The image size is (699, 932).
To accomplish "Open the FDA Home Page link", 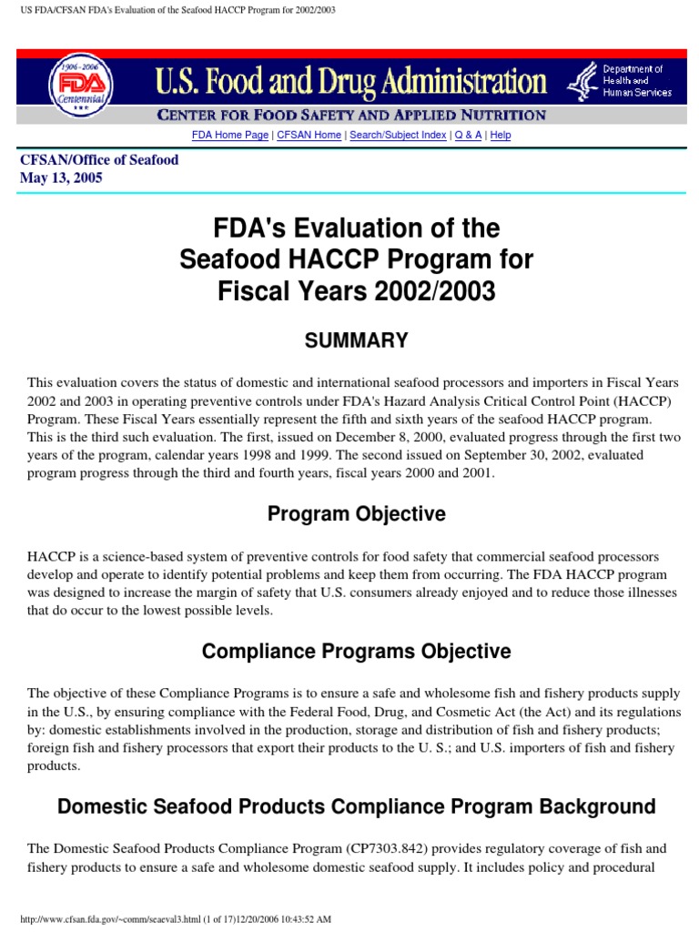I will [x=230, y=135].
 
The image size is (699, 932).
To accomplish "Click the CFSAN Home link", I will [x=309, y=135].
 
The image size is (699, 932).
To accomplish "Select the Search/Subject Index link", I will [x=398, y=135].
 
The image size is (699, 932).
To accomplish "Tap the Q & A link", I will [x=468, y=135].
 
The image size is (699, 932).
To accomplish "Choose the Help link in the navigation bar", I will [x=501, y=135].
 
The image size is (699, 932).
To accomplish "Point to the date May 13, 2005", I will [x=61, y=178].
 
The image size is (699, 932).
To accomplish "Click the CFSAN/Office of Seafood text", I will [x=99, y=160].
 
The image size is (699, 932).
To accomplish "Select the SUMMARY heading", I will [x=356, y=340].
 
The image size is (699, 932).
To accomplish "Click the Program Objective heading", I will [x=356, y=513].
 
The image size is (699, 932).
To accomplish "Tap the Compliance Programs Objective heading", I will [x=356, y=652].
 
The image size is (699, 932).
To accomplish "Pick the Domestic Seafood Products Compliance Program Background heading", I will [x=356, y=806].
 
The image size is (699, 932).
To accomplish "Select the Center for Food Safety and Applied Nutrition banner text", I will [x=352, y=116].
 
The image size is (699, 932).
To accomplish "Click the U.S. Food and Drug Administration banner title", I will [x=349, y=83].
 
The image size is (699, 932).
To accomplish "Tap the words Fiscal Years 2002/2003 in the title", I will [x=356, y=293].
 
